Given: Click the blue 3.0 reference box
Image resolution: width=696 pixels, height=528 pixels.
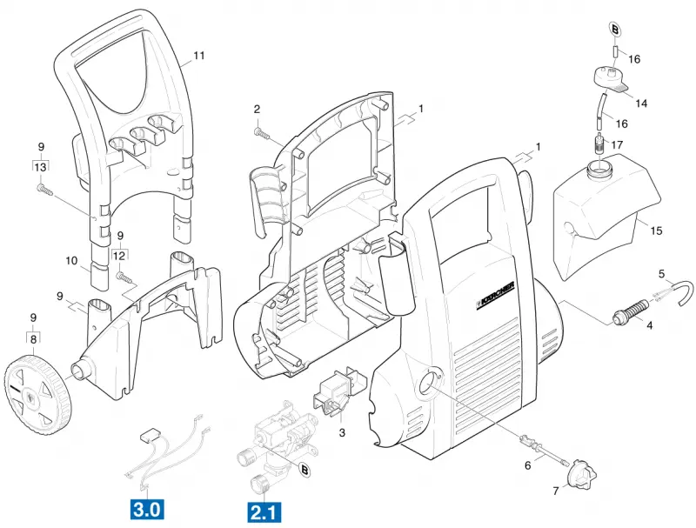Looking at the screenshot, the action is [146, 509].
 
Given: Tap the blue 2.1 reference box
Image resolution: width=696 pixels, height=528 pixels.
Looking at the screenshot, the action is [264, 512].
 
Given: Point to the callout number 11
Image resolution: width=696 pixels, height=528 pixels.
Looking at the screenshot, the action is [199, 56].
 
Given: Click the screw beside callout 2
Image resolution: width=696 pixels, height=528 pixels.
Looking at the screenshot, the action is [262, 133].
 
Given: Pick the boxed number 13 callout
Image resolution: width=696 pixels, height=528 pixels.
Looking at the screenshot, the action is [40, 167].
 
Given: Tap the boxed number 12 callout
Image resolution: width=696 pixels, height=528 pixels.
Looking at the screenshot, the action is [119, 256].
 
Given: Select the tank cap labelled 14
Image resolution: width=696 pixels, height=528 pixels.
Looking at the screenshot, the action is [611, 80].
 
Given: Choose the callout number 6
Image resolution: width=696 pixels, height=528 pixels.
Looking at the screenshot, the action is [527, 466].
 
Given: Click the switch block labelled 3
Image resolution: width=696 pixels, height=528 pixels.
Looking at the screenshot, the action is [338, 391].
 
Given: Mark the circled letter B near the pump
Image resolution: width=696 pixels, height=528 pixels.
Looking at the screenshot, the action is [305, 470].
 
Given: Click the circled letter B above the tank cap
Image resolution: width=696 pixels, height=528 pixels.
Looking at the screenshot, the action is [615, 30].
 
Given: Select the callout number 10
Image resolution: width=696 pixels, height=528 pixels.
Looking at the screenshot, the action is [71, 260].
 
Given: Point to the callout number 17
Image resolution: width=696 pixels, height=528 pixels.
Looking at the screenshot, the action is [617, 145].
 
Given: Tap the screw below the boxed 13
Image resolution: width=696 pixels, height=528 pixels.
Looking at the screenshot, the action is [45, 190].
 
